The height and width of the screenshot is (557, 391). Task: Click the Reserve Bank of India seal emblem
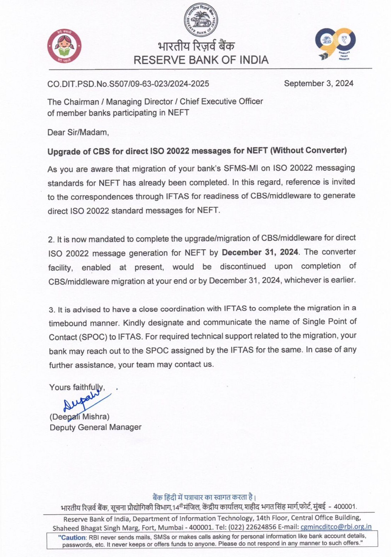pos(201,20)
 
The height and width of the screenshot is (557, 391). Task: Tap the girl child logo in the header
pos(64,46)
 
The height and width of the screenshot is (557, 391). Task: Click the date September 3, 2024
pos(318,83)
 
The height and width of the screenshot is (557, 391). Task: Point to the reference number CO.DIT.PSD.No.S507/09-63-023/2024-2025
pos(128,84)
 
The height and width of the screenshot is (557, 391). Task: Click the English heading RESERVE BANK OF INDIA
pos(201,60)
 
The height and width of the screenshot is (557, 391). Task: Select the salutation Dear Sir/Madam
pos(78,133)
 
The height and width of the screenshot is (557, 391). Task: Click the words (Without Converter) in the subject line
pos(308,150)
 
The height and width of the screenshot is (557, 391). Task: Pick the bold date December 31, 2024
pos(260,252)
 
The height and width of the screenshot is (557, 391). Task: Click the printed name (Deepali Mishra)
pos(79,416)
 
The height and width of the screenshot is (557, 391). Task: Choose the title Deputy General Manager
pos(95,427)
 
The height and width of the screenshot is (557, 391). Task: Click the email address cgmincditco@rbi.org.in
pos(336,527)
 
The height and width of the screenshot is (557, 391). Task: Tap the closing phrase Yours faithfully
pos(77,387)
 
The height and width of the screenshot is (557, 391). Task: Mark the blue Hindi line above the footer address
pos(204,497)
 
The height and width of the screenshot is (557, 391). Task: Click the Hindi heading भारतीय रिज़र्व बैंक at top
pos(196,46)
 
